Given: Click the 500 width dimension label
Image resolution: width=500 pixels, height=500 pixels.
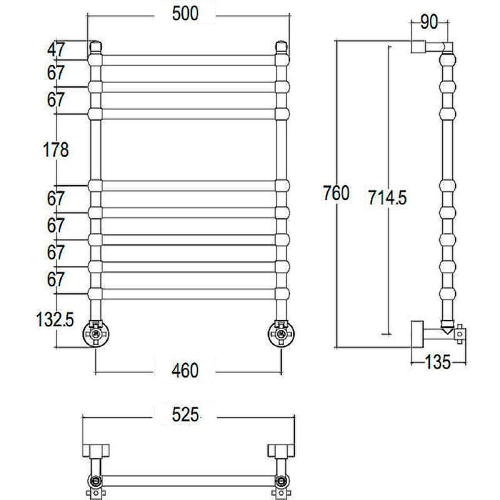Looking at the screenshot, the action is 185,14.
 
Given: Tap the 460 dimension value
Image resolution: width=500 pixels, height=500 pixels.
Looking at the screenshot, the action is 185,371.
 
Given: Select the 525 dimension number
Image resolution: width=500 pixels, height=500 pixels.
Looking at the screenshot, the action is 185,415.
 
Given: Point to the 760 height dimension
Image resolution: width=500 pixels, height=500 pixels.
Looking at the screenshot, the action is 336,193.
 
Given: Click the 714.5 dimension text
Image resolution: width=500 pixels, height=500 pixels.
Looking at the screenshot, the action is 387,197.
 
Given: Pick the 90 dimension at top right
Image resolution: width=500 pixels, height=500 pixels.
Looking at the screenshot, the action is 429,22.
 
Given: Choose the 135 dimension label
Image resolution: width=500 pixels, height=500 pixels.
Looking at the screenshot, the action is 438,362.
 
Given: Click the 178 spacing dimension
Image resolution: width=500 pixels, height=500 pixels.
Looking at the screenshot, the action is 56,150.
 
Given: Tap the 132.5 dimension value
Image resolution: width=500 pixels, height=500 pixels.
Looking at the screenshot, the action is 55,319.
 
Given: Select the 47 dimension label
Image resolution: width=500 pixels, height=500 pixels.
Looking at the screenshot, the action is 56,50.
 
